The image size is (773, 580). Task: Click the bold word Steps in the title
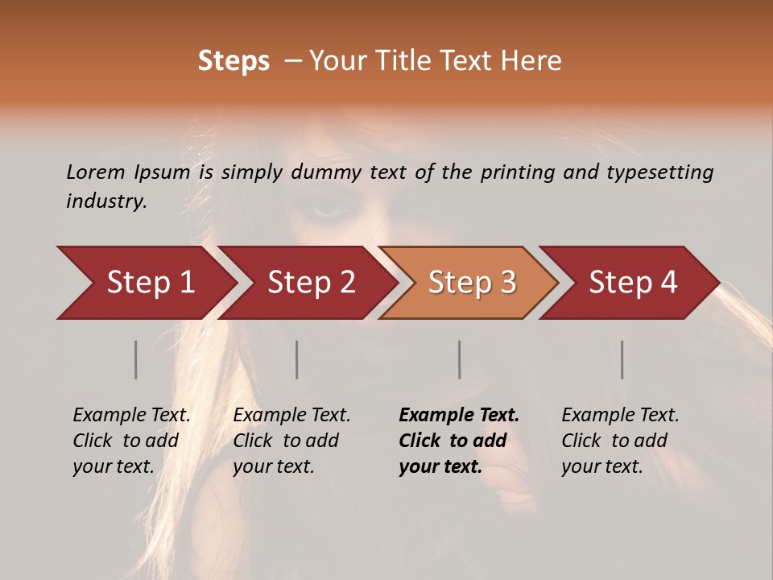point(234,61)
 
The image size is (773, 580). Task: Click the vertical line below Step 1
point(136,359)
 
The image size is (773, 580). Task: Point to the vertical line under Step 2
point(297,359)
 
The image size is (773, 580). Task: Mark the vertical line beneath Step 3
point(460,359)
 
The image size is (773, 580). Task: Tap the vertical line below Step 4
point(622,359)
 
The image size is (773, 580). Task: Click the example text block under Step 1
point(131,441)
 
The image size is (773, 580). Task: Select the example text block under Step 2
point(291,441)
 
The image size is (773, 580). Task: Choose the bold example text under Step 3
point(459,441)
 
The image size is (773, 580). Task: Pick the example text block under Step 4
point(620,441)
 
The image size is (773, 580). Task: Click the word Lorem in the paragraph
point(96,172)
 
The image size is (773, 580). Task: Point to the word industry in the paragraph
point(106,201)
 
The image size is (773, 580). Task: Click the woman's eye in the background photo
point(326,211)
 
